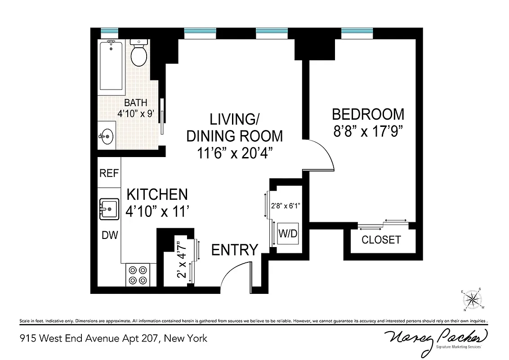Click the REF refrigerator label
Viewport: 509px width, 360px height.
109,173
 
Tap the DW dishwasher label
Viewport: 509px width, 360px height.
109,235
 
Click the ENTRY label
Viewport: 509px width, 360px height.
235,250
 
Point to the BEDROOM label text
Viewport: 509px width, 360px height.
368,114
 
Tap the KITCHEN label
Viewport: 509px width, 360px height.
157,194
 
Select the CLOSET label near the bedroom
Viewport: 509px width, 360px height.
381,240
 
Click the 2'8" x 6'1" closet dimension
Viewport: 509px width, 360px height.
285,206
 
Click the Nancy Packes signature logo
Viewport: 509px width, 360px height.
435,338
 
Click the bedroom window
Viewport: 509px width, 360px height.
357,31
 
